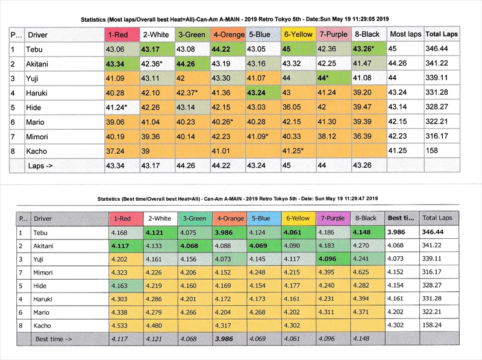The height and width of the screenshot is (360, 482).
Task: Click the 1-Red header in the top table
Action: coord(121,34)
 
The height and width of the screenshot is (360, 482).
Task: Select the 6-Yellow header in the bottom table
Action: coord(298,218)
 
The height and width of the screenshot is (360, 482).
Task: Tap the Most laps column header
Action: coord(405,34)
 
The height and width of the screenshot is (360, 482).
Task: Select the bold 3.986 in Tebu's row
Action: coord(228,232)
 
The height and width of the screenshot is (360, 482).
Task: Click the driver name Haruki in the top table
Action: coord(37,93)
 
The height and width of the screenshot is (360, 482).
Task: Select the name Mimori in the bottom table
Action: coord(45,272)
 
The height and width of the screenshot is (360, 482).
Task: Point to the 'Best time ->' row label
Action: coord(54,339)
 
